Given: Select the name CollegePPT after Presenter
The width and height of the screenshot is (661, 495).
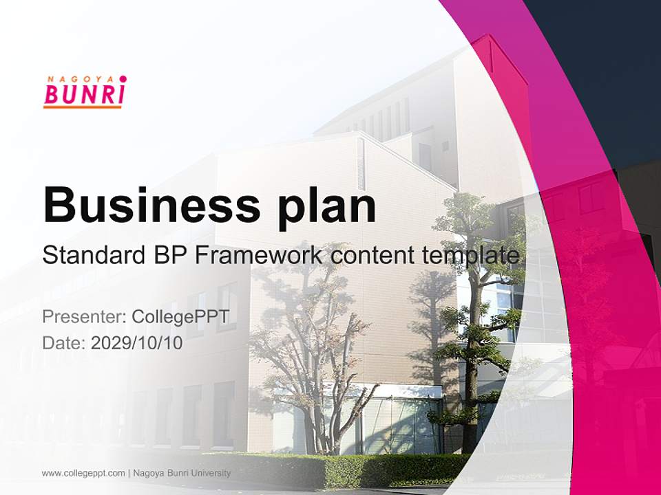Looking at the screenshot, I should tap(180, 317).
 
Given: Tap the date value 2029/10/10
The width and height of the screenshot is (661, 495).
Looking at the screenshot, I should tap(137, 343).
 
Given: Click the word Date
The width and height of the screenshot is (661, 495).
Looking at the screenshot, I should tap(64, 343).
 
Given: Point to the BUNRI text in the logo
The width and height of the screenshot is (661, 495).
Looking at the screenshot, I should tap(83, 93).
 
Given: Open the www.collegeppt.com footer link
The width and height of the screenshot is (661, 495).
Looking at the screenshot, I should tap(83, 473).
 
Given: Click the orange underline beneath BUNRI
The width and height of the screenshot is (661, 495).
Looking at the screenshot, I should tap(83, 106).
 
